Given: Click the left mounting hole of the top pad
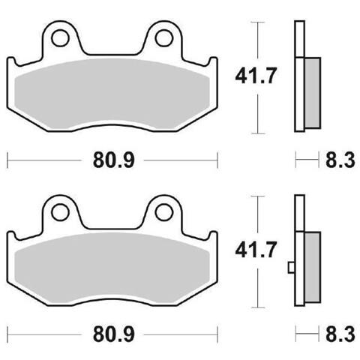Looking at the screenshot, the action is pos(60,38).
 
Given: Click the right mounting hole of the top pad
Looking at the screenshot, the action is pos(164,38).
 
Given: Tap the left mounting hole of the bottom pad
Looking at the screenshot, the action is pos(60,212).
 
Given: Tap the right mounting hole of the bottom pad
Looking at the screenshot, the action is pos(164,212).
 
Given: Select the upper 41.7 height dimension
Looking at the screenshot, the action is pos(256,75).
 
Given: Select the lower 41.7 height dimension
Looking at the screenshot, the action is pos(256,250).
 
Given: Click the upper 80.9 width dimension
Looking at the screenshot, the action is pos(114,160).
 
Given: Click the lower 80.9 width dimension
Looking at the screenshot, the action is pos(114,334).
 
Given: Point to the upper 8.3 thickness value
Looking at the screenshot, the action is pos(340,160).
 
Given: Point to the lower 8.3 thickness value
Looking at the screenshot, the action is pos(340,334).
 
